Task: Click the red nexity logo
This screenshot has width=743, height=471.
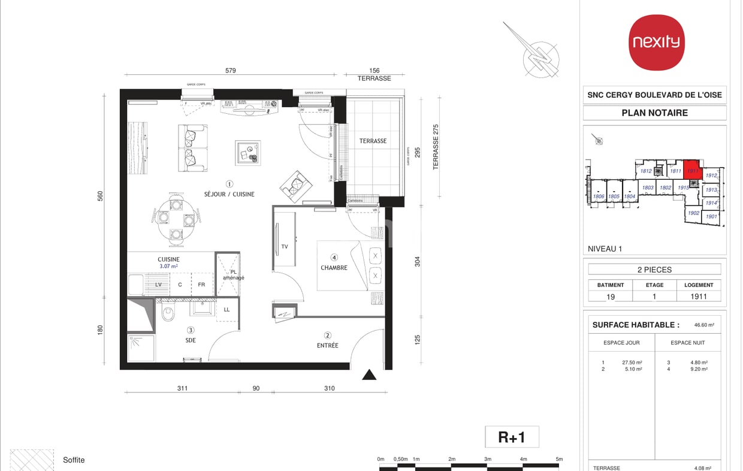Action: (x=657, y=42)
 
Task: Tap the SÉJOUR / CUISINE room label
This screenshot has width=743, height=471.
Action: (x=230, y=194)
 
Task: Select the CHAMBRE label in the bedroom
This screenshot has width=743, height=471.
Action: (x=334, y=268)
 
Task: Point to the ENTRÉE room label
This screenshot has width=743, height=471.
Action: (x=328, y=345)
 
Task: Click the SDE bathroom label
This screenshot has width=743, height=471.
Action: (x=191, y=340)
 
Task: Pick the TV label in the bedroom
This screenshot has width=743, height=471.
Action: (x=285, y=246)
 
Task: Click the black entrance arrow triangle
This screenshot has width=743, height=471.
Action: (x=369, y=375)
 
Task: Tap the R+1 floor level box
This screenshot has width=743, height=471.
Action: (x=512, y=437)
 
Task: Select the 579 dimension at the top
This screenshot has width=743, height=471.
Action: (x=230, y=71)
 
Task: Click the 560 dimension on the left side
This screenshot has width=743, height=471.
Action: (x=101, y=196)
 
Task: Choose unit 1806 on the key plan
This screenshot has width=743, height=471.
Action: (x=599, y=196)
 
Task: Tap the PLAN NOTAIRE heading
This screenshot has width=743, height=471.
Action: (x=654, y=113)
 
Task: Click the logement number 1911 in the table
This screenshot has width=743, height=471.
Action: (x=699, y=296)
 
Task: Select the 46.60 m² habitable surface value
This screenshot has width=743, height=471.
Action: (x=704, y=325)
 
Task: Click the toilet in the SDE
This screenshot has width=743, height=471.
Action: (x=168, y=312)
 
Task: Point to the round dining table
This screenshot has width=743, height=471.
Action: (x=177, y=220)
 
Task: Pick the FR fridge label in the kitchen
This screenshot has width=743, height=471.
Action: (x=202, y=285)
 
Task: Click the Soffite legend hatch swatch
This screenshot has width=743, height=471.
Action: (x=32, y=460)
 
